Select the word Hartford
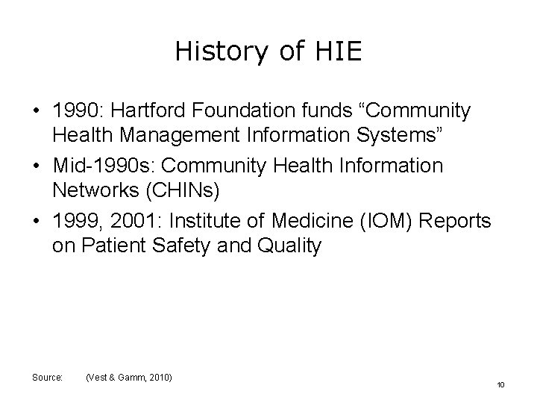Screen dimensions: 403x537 [153, 111]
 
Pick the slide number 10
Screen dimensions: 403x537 [500, 384]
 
